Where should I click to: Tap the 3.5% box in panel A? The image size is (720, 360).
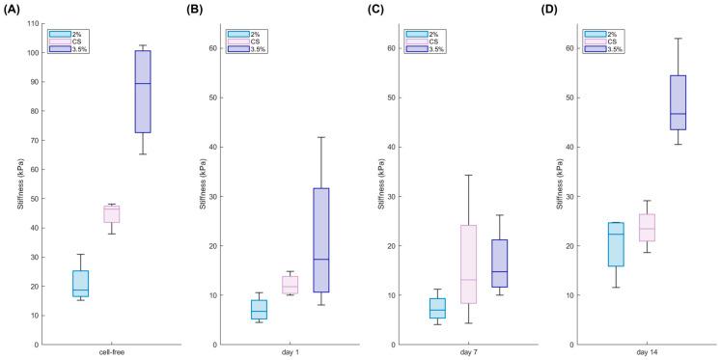(142, 92)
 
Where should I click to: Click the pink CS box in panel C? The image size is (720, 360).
(470, 264)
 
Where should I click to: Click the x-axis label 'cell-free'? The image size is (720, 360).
(112, 354)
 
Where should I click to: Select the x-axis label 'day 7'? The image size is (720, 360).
(470, 354)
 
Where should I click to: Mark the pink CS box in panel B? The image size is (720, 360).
(291, 284)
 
